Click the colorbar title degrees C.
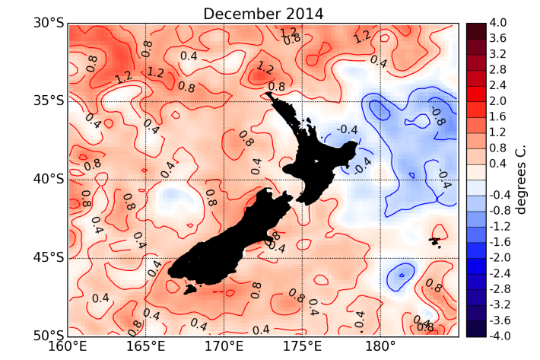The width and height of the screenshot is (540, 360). pos(521,180)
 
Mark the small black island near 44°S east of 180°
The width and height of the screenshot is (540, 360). pos(434,242)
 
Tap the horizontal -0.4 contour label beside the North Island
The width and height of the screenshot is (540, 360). pos(347,129)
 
